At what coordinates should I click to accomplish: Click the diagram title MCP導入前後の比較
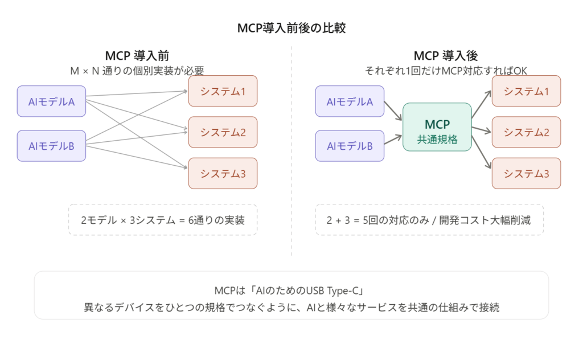point(291,27)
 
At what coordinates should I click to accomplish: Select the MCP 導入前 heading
point(137,56)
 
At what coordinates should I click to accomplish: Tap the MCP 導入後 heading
point(445,56)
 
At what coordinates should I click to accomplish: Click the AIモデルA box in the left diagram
point(52,102)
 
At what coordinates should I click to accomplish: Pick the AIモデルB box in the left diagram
point(52,146)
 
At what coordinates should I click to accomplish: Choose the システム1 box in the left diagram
point(223,91)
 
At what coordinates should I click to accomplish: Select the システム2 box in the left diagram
point(223,132)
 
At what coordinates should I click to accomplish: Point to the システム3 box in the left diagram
point(223,174)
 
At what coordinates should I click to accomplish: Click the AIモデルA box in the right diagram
point(350,102)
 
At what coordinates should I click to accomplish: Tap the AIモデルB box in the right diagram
point(350,146)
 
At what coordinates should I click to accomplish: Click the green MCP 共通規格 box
point(437,127)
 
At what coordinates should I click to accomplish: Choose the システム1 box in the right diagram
point(526,91)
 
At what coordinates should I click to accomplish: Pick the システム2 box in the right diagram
point(526,132)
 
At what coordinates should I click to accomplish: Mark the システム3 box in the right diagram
point(526,174)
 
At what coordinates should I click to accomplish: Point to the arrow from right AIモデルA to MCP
point(393,111)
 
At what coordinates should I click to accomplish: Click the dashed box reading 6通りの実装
point(163,219)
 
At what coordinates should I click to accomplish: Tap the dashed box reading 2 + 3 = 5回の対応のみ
point(429,219)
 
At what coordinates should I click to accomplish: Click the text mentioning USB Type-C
point(291,291)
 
